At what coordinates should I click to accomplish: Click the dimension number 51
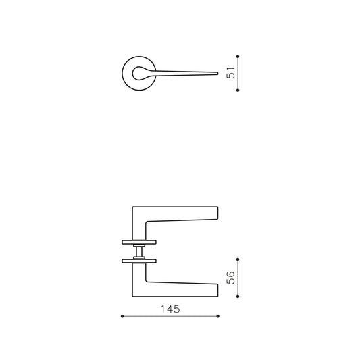[231, 73]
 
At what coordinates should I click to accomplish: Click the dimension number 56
[231, 278]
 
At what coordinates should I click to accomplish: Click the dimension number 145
[170, 309]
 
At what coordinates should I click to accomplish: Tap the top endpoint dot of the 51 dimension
[238, 57]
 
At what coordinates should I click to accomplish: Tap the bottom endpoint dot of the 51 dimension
[238, 91]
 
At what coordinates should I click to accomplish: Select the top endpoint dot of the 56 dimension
[238, 259]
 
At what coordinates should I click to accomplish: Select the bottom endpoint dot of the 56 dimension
[238, 297]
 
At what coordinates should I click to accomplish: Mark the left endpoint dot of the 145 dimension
[122, 316]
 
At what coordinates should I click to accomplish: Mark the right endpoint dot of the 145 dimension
[218, 316]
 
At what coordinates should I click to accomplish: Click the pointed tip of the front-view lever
[217, 73]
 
